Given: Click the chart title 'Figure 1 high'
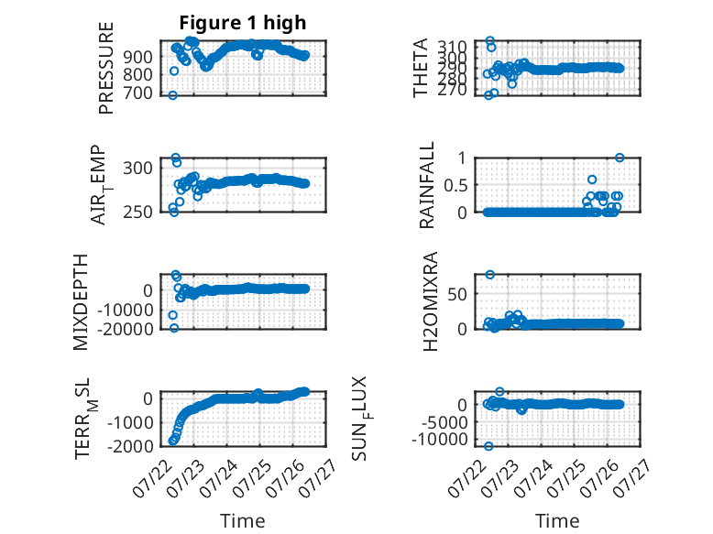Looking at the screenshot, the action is (242, 23).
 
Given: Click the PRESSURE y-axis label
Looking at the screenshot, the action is (105, 68).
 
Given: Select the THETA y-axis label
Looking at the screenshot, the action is (421, 68).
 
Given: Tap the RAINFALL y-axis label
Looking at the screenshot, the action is (426, 185).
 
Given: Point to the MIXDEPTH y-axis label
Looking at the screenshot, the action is (80, 302).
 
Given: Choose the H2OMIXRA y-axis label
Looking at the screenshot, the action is (430, 301).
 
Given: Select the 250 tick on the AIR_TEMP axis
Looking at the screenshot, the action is (137, 212).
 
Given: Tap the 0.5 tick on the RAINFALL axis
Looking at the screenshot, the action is (455, 185).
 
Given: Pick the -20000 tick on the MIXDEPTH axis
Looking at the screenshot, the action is (125, 329).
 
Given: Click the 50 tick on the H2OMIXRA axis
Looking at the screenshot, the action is (457, 294).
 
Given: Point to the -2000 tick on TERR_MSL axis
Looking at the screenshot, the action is (130, 446).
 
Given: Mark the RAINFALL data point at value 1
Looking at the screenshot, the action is (620, 158).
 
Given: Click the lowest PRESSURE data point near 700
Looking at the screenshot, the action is (173, 95).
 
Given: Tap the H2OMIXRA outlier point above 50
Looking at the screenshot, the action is (489, 275).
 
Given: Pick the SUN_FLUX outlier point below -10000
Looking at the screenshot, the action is (488, 446).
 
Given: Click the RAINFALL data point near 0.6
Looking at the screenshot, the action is (592, 180).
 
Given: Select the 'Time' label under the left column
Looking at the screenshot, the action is (242, 521).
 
